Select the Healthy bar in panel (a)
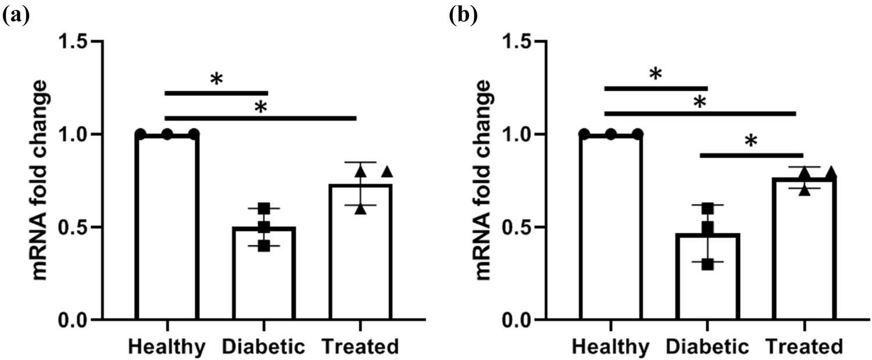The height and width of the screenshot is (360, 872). coord(167,227)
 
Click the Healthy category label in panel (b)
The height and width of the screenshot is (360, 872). coord(610,347)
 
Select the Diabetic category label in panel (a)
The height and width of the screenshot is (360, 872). coord(264,347)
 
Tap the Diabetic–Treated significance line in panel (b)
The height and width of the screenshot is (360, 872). coord(751,155)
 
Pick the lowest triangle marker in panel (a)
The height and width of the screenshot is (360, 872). coord(360,209)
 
